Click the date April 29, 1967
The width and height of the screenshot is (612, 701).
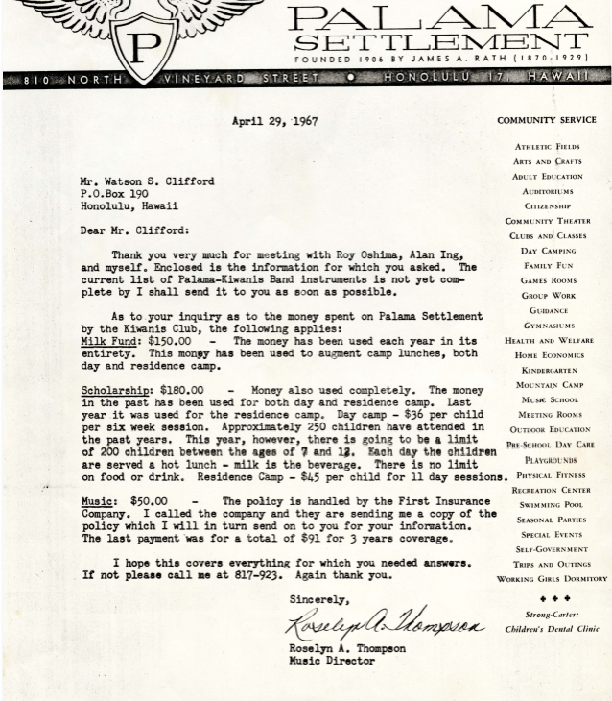coord(274,122)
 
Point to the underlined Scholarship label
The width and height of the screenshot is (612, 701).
coord(116,391)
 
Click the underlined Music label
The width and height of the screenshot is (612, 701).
coord(97,501)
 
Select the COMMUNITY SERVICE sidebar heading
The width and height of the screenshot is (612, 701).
coord(546,121)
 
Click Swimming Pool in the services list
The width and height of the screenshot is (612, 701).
coord(551,505)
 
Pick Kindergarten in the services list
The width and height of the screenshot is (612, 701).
coord(550,370)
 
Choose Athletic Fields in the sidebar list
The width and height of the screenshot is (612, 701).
coord(547,147)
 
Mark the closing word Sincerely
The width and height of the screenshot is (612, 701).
coord(319,600)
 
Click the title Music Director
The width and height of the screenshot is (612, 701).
coord(333,661)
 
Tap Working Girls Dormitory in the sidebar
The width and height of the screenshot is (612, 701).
coord(552,579)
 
